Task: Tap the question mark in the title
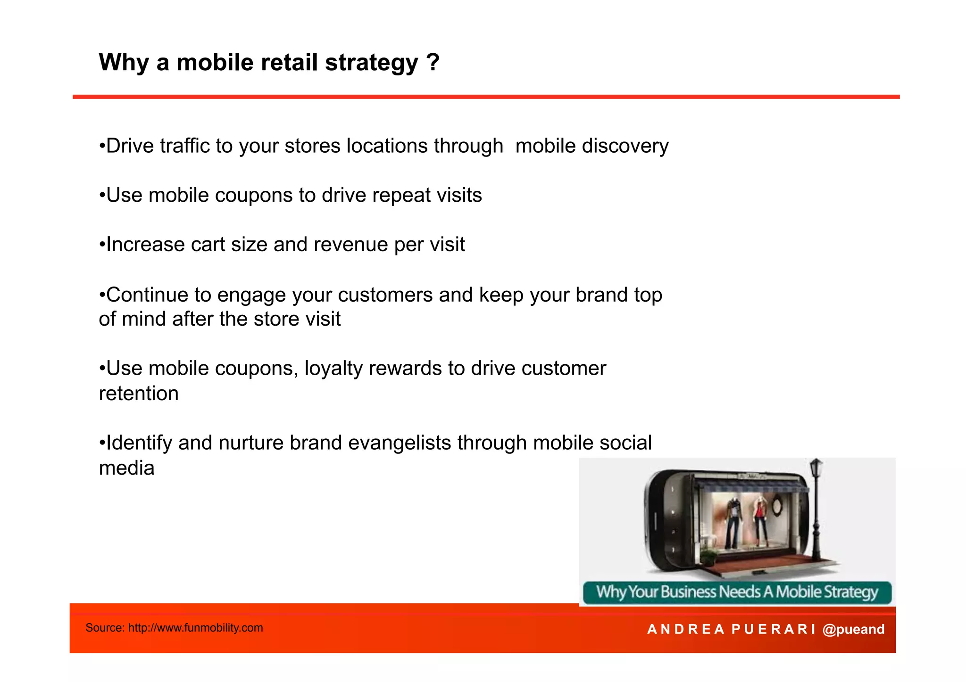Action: [433, 62]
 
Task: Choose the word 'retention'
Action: [139, 394]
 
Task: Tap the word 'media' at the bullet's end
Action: [126, 468]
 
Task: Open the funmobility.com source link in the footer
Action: [195, 628]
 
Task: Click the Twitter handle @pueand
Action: [853, 629]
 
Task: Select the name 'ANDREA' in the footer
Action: [685, 629]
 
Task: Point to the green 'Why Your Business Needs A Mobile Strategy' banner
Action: [737, 592]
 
